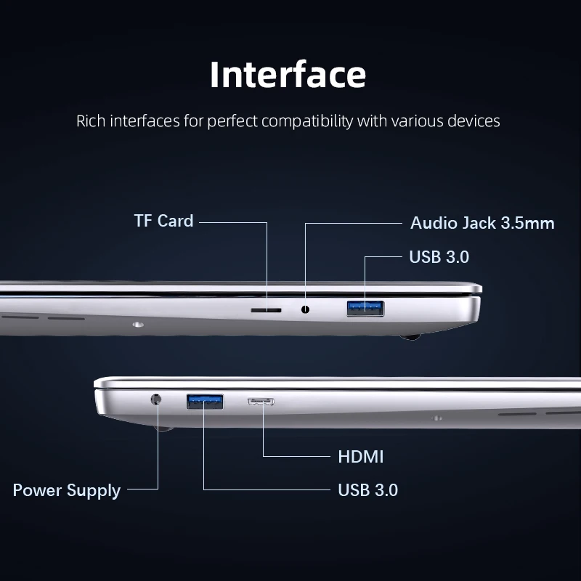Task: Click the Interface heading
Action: click(x=288, y=75)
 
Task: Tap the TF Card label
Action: click(x=164, y=221)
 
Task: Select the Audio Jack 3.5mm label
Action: click(x=482, y=223)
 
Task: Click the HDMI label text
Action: click(x=360, y=457)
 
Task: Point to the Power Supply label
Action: click(x=67, y=491)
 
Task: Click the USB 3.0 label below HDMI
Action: click(x=368, y=489)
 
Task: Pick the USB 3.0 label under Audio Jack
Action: click(x=439, y=257)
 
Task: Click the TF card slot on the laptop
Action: click(x=266, y=310)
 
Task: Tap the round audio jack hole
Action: click(x=305, y=309)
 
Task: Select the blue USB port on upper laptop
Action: click(x=365, y=309)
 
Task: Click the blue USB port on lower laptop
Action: click(x=205, y=402)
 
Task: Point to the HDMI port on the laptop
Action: click(x=261, y=402)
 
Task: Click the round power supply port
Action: click(x=156, y=399)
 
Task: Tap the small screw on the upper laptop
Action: click(x=138, y=325)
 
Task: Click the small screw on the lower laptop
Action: click(x=437, y=418)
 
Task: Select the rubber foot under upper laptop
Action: click(x=410, y=337)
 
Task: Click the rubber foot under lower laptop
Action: click(x=164, y=428)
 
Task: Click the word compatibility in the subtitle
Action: click(x=307, y=121)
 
